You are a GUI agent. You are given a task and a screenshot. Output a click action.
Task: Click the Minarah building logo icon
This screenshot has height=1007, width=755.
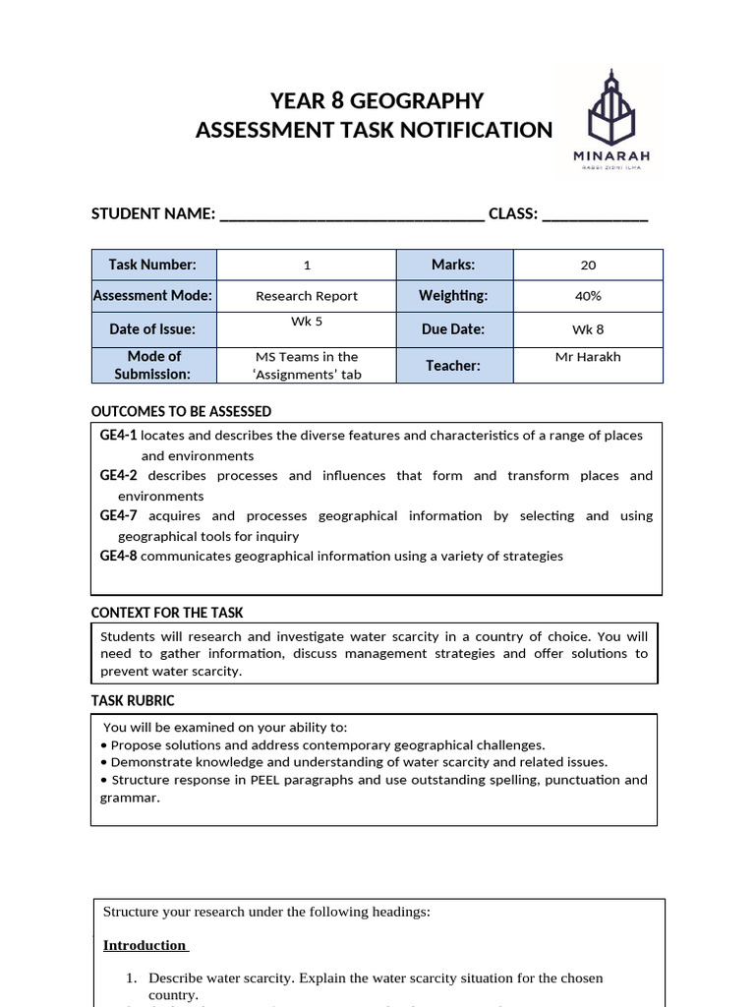tap(610, 107)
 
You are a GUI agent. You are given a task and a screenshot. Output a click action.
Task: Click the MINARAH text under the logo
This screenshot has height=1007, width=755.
tap(610, 155)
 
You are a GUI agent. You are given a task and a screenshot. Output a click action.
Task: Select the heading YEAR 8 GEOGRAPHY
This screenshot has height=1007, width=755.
tap(377, 101)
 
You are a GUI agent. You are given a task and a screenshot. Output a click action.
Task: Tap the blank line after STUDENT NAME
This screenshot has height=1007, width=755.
tap(352, 215)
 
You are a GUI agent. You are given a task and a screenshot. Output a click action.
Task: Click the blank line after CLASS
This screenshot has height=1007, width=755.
tap(595, 215)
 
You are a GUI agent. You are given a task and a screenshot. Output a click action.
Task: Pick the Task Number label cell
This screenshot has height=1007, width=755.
tap(152, 265)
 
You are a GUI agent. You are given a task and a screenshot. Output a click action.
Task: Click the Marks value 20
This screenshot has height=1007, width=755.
tap(588, 266)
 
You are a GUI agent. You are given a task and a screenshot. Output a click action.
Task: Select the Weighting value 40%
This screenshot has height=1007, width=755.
tap(588, 296)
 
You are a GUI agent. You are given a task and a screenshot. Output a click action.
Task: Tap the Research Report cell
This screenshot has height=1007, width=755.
tap(307, 296)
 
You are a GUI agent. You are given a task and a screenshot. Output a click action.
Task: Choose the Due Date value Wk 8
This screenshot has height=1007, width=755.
tap(588, 329)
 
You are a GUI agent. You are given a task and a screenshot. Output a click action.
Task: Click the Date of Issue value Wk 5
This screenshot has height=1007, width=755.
tap(307, 322)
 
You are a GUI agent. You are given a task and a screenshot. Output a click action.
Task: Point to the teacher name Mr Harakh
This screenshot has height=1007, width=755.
tap(588, 357)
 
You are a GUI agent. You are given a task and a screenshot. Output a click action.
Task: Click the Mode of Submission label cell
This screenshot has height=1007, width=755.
tap(152, 365)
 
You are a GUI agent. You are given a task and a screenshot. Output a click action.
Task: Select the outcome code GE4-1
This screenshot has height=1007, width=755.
tap(118, 436)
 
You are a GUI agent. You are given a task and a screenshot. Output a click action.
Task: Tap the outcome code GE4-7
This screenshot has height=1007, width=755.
tap(118, 516)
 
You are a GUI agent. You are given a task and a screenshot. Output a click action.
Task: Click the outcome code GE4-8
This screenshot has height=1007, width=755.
tap(118, 557)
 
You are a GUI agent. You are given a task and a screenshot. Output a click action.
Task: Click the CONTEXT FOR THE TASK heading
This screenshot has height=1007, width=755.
tap(167, 613)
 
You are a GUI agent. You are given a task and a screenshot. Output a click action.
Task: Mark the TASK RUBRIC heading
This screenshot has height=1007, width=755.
tap(133, 701)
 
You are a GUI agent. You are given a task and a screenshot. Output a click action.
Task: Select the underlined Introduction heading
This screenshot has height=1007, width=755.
tap(145, 945)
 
